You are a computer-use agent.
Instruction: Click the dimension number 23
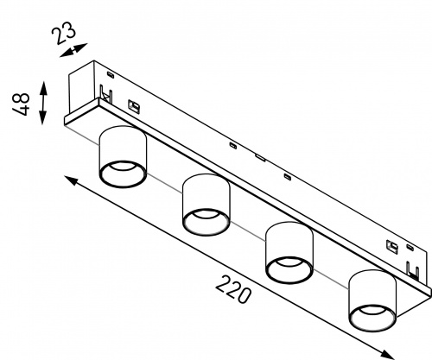tap(64, 32)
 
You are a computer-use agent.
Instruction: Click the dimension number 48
tap(21, 104)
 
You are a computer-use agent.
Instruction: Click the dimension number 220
tap(233, 289)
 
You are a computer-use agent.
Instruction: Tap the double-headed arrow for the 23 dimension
tap(73, 50)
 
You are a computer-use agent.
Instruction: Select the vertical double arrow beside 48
tap(43, 103)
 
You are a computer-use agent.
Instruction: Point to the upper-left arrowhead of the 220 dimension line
tap(71, 180)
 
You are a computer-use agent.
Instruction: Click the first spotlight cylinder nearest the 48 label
tap(123, 157)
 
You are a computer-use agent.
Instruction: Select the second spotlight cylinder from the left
tap(206, 205)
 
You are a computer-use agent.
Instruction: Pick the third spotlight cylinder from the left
tap(289, 253)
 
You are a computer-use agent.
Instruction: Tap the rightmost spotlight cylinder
tap(372, 300)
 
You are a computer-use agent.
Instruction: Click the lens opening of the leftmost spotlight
tap(123, 174)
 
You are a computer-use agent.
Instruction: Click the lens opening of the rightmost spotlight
tap(372, 319)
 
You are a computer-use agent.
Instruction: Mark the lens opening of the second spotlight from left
tap(206, 222)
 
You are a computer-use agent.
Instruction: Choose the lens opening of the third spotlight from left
tap(289, 270)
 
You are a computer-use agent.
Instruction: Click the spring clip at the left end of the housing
tap(106, 93)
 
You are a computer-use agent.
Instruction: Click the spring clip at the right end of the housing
tap(413, 270)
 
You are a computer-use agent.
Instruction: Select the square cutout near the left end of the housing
tap(134, 106)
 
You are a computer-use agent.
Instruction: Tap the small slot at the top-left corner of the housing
tap(111, 74)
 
